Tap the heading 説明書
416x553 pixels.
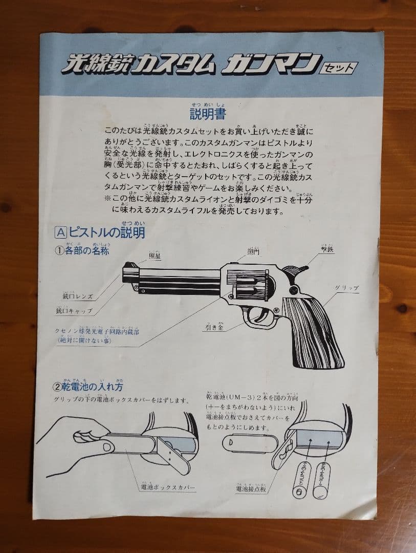(x=207, y=113)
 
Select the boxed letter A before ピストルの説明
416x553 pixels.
(x=60, y=232)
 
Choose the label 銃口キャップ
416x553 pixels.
(x=74, y=310)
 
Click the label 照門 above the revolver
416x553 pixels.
(x=253, y=252)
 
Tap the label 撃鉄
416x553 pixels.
(x=328, y=251)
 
